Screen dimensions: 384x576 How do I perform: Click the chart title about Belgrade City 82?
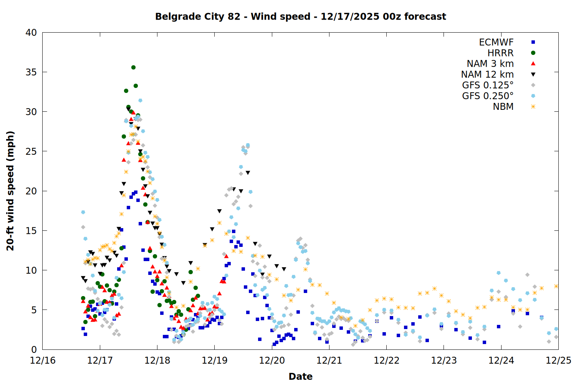tap(300, 17)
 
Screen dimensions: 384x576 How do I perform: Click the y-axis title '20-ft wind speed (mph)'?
tap(10, 191)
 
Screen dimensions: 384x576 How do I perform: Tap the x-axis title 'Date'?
tap(300, 376)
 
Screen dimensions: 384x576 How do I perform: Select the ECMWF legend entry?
tap(496, 42)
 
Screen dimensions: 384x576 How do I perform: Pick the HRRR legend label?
tap(500, 53)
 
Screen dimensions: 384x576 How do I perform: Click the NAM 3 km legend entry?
tap(490, 64)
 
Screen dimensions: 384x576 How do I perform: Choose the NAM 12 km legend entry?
tap(487, 74)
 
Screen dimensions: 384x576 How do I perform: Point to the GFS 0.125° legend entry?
tap(488, 85)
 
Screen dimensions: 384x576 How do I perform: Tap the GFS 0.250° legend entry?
tap(488, 96)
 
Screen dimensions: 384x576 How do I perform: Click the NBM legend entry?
tap(503, 107)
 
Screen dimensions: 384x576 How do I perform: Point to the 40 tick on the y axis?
tap(31, 33)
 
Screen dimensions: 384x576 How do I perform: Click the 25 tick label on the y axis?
tap(31, 151)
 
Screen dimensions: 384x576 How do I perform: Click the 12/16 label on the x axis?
tap(43, 361)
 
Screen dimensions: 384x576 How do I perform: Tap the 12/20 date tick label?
tap(272, 361)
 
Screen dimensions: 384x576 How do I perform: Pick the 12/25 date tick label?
tap(558, 361)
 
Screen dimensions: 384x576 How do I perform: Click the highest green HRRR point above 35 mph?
tap(133, 67)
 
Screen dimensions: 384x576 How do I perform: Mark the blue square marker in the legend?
tap(533, 42)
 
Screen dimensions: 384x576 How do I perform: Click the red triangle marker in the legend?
tap(533, 63)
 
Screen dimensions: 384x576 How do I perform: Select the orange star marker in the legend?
tap(533, 107)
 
